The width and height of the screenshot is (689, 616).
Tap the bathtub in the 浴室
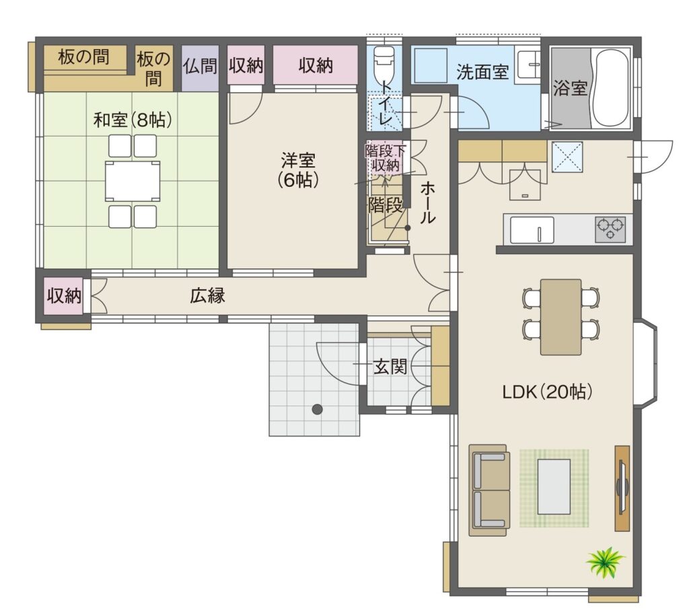click(x=611, y=87)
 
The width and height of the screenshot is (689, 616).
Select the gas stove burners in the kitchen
click(x=610, y=229)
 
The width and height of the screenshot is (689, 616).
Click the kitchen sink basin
click(x=532, y=229)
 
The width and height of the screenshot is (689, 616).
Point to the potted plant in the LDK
click(x=606, y=562)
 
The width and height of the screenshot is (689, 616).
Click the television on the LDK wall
click(x=620, y=488)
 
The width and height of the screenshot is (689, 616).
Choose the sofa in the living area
click(x=490, y=490)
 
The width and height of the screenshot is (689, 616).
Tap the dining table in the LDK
click(x=560, y=317)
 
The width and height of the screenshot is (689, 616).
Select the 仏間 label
click(x=201, y=67)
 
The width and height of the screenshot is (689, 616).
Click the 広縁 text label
click(x=207, y=295)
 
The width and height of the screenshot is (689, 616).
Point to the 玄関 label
click(x=390, y=367)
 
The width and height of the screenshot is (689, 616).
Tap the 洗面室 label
click(x=482, y=72)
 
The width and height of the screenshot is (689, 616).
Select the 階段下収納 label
click(x=386, y=158)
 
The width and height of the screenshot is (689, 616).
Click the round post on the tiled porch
click(x=318, y=410)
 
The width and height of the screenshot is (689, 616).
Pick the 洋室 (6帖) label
click(x=298, y=170)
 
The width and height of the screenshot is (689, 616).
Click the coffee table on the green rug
click(x=554, y=487)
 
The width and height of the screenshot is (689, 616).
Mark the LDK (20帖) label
click(x=547, y=391)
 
